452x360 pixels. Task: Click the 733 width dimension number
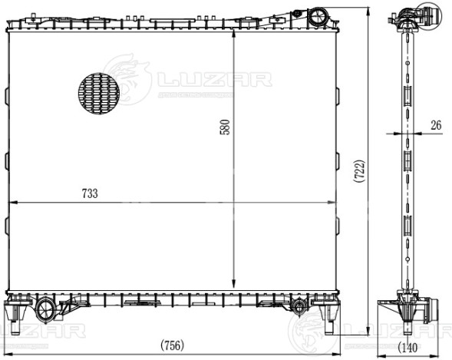coord(90,194)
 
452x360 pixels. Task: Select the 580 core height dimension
coord(225,127)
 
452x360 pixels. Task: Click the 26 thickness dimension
coord(435,124)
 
